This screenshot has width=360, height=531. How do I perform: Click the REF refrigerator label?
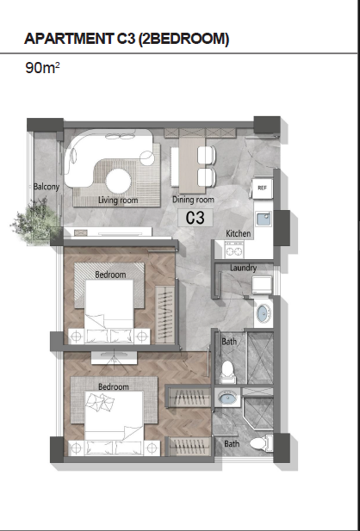click(x=262, y=188)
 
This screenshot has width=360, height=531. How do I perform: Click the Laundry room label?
click(x=243, y=268)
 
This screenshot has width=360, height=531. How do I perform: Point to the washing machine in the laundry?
click(x=262, y=285)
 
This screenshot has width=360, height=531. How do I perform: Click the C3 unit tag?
click(x=196, y=218)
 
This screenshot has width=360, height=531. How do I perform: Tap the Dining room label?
click(x=193, y=200)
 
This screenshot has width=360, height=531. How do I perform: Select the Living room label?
click(x=118, y=201)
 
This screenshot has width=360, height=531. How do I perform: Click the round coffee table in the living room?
click(x=118, y=181)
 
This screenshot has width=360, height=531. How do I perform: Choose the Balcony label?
click(x=47, y=187)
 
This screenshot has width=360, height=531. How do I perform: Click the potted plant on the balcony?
click(x=35, y=219)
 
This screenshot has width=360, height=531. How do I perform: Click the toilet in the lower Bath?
click(x=261, y=443)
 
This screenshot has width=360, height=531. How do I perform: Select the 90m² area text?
click(x=42, y=68)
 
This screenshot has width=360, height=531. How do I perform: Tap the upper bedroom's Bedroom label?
click(x=110, y=275)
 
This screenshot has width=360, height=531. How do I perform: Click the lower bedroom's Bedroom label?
click(x=113, y=386)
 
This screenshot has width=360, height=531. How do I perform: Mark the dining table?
click(x=192, y=164)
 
